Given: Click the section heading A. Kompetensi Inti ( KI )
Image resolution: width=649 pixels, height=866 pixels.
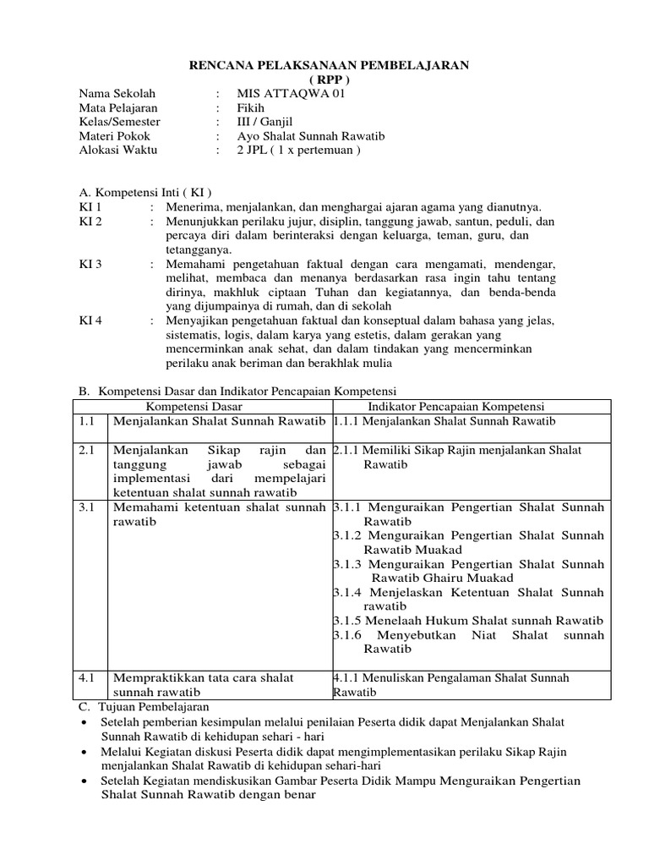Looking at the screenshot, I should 145,192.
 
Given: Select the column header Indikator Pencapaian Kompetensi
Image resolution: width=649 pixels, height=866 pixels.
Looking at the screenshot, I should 469,407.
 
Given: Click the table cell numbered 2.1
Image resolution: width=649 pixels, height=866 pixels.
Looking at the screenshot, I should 88,451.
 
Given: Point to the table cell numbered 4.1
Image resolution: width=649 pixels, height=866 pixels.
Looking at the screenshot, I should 88,677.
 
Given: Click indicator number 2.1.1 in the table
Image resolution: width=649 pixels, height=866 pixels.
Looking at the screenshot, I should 347,451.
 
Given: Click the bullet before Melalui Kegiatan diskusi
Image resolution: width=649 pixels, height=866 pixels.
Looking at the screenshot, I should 84,752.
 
